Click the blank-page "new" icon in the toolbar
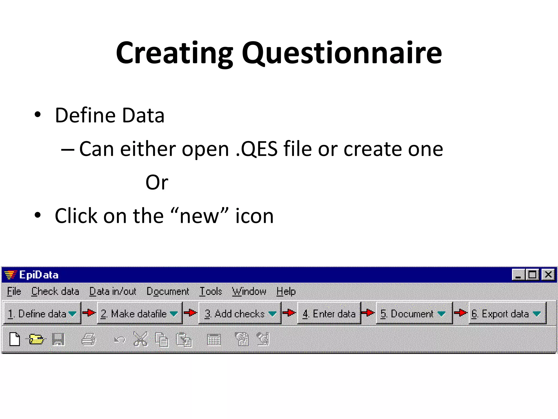pos(15,339)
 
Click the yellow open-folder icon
pos(36,339)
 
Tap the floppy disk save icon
pos(58,339)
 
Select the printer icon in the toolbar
pos(89,339)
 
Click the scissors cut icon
pos(140,339)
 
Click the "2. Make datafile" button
pos(139,313)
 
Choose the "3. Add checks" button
pos(239,313)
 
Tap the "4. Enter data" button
pos(329,313)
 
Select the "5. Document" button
pos(414,313)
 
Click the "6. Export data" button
pos(507,313)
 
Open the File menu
pos(14,291)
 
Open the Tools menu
pos(211,291)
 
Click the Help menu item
pos(286,291)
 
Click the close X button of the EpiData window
pos(548,274)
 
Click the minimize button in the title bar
pos(518,274)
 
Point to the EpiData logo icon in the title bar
pos(11,274)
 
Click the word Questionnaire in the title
pos(342,53)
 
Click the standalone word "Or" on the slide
pos(157,182)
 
